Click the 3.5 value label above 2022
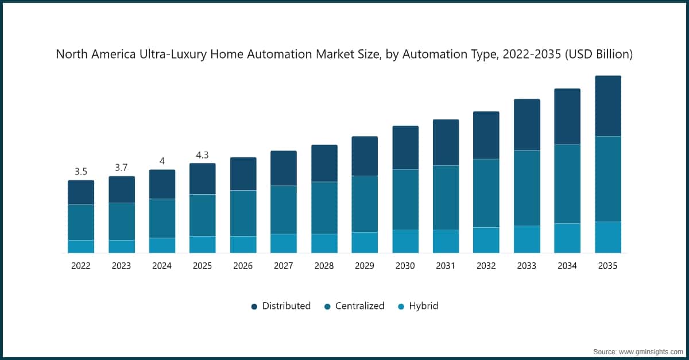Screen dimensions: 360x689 click(81, 171)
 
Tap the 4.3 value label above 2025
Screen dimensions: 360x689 click(202, 154)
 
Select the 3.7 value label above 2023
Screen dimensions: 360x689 click(121, 167)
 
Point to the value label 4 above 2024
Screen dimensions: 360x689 click(162, 161)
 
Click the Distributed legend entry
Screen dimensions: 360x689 click(281, 306)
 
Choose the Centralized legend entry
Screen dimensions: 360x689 click(354, 306)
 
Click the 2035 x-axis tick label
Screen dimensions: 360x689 click(607, 266)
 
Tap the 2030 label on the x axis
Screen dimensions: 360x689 click(405, 266)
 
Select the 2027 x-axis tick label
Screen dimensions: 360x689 click(284, 266)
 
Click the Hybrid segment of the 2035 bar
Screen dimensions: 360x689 click(607, 237)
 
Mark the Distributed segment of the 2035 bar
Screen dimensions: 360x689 click(607, 106)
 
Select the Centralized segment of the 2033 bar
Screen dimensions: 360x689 click(527, 188)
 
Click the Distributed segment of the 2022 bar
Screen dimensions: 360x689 click(81, 192)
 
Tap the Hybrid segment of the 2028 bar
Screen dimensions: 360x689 click(324, 243)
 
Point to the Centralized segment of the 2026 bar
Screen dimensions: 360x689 click(243, 213)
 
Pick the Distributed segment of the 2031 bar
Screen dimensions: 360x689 click(446, 142)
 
